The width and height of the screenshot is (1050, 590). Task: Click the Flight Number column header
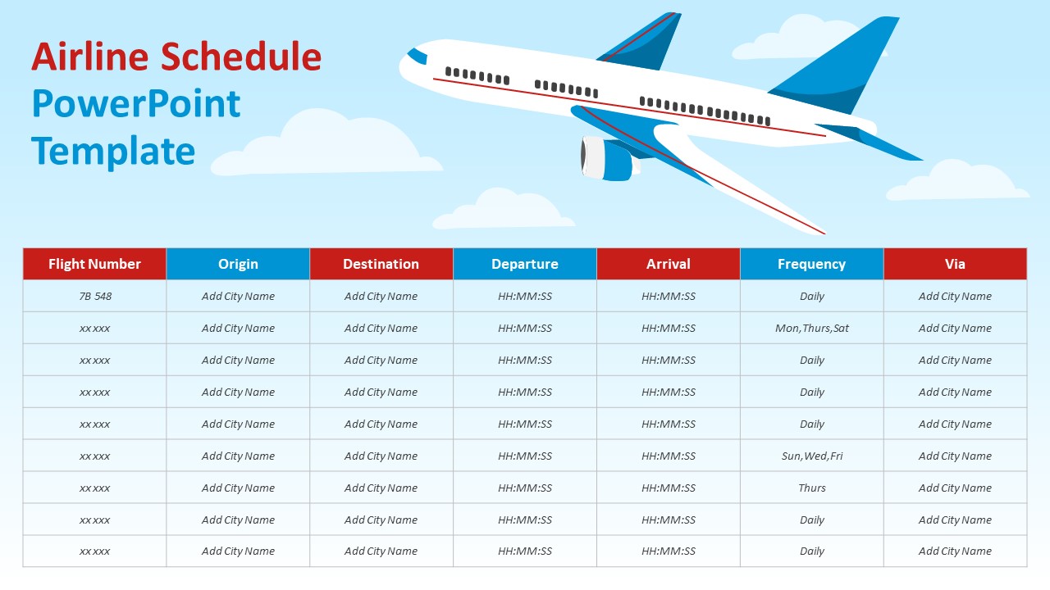coord(94,264)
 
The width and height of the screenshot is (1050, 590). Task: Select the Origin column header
coord(238,264)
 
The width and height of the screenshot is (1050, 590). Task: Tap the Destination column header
coord(381,264)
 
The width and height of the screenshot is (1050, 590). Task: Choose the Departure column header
coord(525,264)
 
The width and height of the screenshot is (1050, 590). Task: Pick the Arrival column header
coord(669,264)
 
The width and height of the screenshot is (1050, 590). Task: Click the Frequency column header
coord(811,264)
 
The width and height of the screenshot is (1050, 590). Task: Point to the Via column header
coord(955,264)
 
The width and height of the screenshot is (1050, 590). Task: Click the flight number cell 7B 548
coord(94,296)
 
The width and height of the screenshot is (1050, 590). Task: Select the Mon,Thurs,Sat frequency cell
coord(811,328)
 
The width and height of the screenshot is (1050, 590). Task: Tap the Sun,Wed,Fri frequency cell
coord(811,456)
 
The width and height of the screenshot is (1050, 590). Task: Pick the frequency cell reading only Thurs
coord(811,488)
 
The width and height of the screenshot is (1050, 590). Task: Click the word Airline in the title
coord(90,57)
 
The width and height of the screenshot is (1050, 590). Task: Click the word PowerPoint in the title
coord(136,104)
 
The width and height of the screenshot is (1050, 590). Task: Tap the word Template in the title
coord(113,152)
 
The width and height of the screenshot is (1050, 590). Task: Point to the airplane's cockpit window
coord(418,56)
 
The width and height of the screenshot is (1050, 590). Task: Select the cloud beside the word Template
coord(328,147)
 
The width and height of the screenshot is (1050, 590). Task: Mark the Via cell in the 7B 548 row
coord(955,296)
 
